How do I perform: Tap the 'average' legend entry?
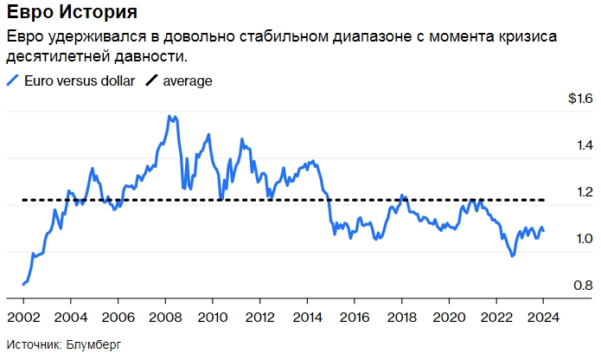[182, 80]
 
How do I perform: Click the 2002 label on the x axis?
[23, 316]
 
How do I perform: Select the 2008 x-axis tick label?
[165, 316]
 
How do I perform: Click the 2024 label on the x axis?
[542, 316]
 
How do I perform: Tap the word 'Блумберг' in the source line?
[93, 344]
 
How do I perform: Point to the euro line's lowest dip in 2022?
[512, 256]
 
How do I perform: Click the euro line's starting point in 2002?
[23, 284]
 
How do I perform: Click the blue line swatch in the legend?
[12, 80]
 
